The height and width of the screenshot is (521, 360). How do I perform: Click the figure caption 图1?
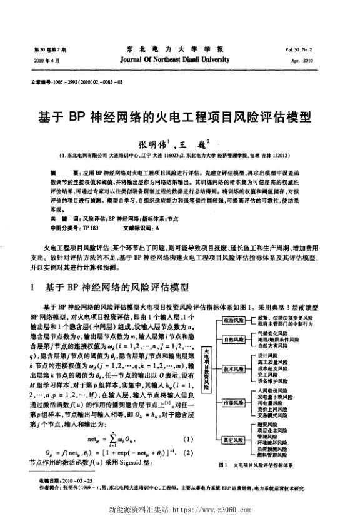pyautogui.click(x=222, y=466)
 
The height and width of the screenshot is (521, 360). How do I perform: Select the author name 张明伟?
pyautogui.click(x=153, y=143)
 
